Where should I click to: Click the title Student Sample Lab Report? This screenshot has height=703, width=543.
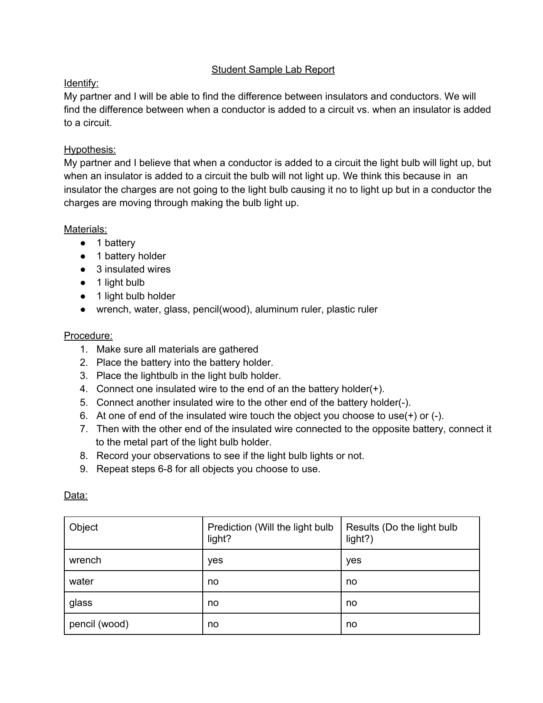[273, 70]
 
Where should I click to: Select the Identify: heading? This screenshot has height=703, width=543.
[81, 83]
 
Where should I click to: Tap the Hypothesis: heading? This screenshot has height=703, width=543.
[89, 149]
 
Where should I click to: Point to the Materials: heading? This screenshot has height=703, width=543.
[85, 230]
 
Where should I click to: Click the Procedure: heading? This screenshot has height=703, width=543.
[88, 336]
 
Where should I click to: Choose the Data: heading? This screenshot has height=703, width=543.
[75, 496]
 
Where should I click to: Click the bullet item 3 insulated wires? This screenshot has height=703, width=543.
[133, 270]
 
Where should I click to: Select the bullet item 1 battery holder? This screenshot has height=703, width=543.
[131, 256]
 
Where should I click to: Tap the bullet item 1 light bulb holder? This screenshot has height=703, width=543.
[135, 296]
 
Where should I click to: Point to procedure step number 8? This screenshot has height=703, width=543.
[83, 456]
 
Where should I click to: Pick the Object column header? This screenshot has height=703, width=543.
[83, 528]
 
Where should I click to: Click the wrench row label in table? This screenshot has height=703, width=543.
[85, 560]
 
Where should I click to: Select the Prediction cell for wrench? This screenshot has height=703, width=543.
[215, 560]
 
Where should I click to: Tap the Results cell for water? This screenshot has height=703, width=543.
[351, 582]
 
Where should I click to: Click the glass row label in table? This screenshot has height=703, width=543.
[80, 603]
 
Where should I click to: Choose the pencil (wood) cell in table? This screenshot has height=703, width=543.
[99, 624]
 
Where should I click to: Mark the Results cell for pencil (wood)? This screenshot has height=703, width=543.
[351, 624]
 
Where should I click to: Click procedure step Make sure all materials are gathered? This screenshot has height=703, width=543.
[177, 350]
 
